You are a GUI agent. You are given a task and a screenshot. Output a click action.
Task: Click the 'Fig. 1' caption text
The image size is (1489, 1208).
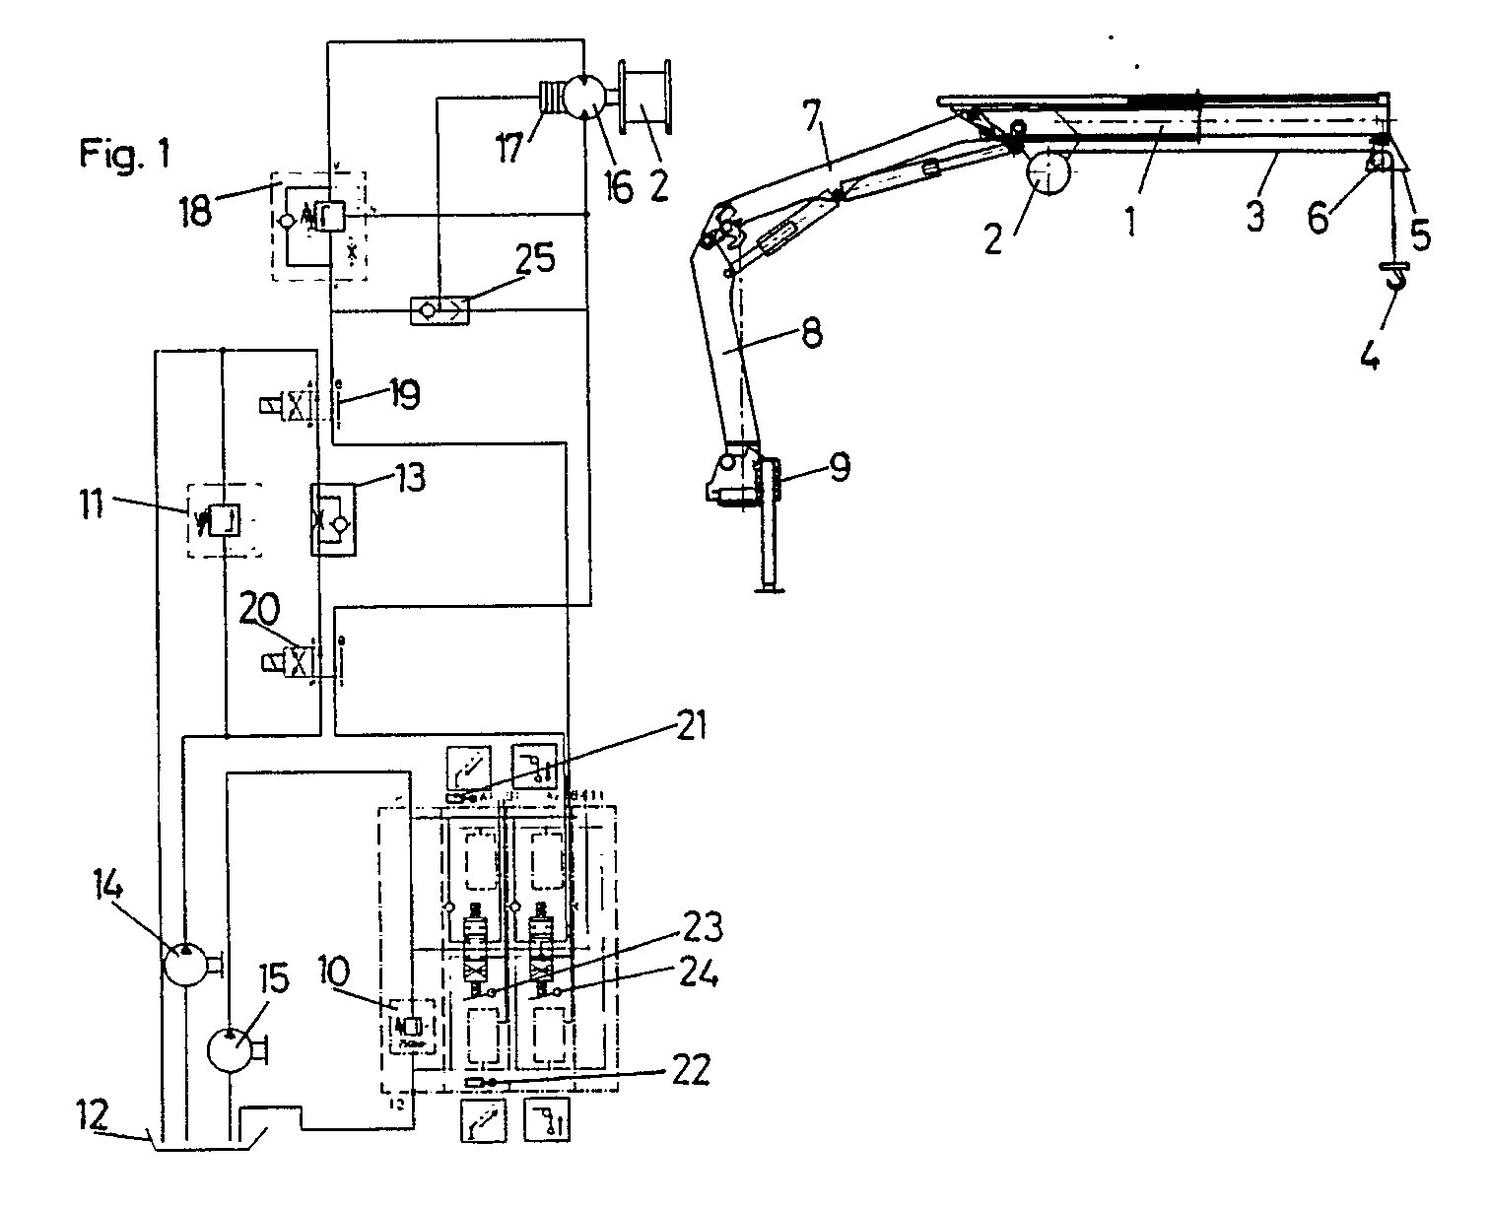pos(125,153)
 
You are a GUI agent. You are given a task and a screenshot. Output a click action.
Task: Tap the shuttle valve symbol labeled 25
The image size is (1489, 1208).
pos(440,310)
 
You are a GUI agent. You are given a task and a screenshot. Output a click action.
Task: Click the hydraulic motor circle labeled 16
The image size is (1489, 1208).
pos(582,100)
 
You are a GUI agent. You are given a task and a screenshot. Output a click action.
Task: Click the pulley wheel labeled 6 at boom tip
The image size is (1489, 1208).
pos(1380,162)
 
